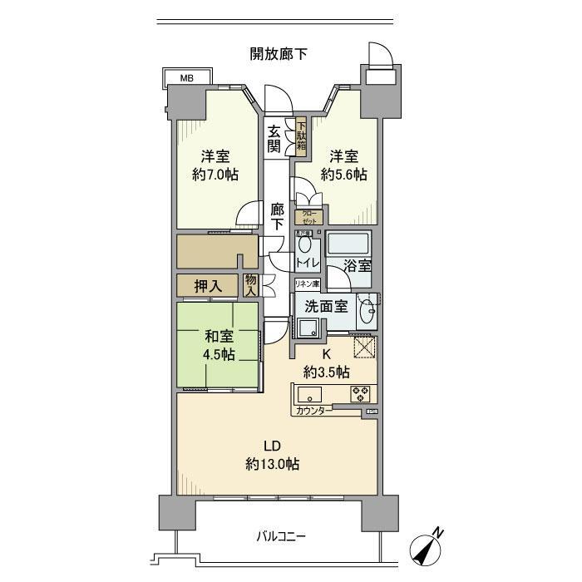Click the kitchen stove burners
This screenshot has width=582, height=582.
(x=361, y=393)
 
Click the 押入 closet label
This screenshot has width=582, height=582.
(x=207, y=286)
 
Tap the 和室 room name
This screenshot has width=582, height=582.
(x=219, y=337)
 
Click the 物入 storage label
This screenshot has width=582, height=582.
(x=250, y=285)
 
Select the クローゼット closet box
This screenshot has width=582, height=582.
(x=308, y=219)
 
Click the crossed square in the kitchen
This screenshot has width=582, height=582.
(x=363, y=348)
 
